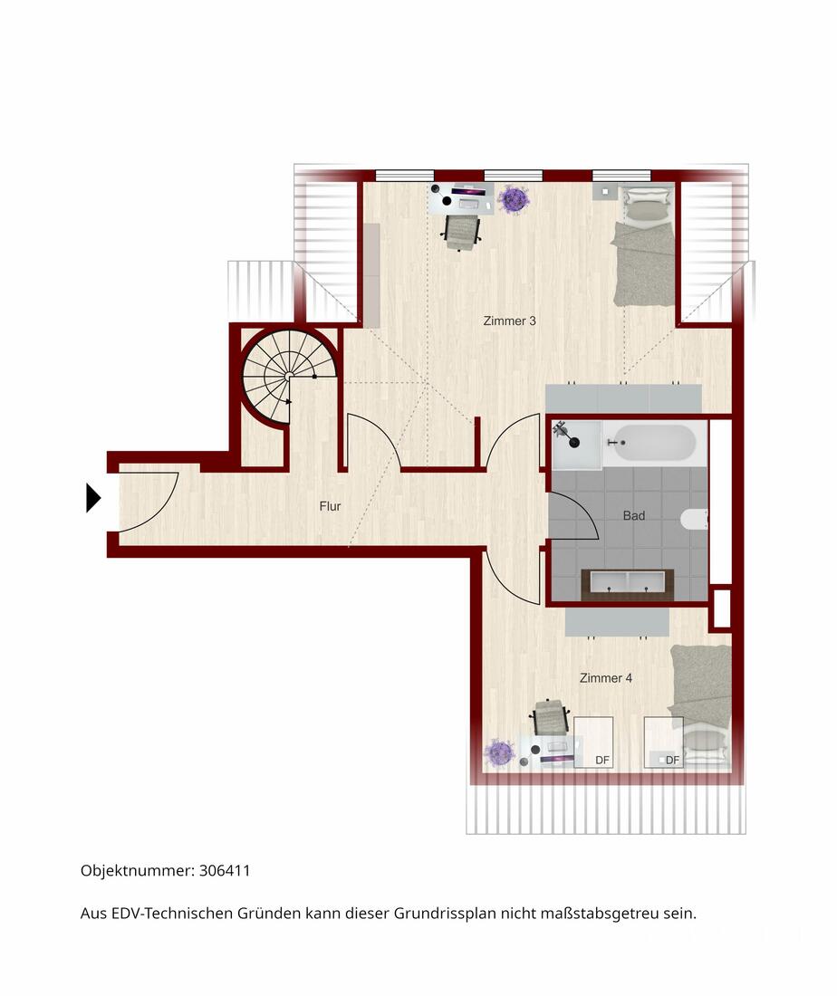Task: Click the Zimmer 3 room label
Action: click(509, 321)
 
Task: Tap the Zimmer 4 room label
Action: click(606, 678)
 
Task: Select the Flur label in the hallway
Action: click(330, 506)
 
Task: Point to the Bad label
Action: click(633, 516)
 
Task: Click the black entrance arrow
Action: click(92, 497)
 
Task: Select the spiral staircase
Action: click(289, 378)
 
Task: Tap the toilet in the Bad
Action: click(695, 519)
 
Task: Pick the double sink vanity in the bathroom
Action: click(627, 582)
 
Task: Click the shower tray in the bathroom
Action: click(576, 444)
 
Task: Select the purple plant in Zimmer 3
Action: click(514, 199)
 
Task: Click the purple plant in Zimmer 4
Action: click(499, 752)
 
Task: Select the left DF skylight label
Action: click(601, 760)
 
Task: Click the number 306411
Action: click(225, 870)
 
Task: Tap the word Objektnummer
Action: click(137, 871)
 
